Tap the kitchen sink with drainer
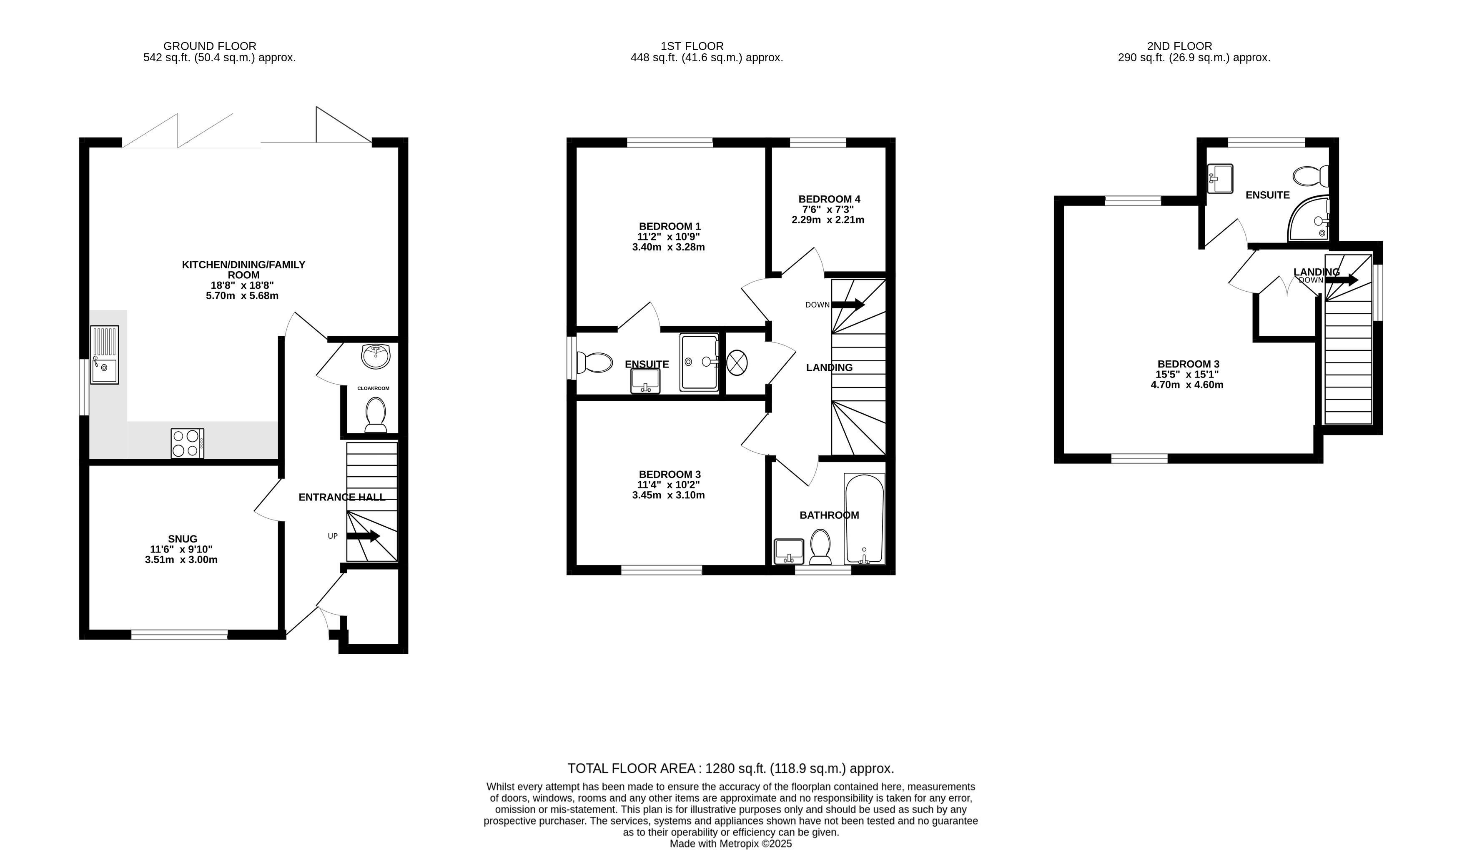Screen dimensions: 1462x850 pyautogui.click(x=104, y=355)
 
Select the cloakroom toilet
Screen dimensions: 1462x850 pyautogui.click(x=376, y=415)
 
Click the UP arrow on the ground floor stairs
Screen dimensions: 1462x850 pyautogui.click(x=363, y=536)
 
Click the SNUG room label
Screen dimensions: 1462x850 pyautogui.click(x=183, y=539)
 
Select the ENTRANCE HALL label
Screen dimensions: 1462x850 pyautogui.click(x=342, y=497)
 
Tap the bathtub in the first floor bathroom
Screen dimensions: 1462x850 pyautogui.click(x=865, y=519)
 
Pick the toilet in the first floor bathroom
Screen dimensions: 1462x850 pyautogui.click(x=820, y=547)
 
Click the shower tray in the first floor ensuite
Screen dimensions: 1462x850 pyautogui.click(x=700, y=362)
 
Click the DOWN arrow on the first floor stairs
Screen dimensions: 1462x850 pyautogui.click(x=848, y=305)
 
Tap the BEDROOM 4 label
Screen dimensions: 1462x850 pyautogui.click(x=829, y=199)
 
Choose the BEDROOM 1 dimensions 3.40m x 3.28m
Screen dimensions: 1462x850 pyautogui.click(x=668, y=247)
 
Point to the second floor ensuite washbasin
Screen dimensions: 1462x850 pyautogui.click(x=1221, y=179)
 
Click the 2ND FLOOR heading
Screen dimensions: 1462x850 pyautogui.click(x=1179, y=46)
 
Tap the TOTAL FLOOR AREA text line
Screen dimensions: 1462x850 pyautogui.click(x=730, y=769)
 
